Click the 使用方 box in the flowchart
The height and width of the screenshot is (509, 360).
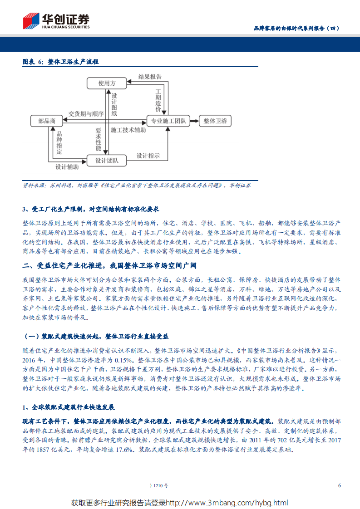107,83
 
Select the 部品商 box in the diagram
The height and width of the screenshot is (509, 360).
47,121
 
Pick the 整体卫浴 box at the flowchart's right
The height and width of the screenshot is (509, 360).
215,121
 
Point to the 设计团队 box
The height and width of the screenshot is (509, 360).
107,160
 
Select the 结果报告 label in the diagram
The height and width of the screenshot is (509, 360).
150,77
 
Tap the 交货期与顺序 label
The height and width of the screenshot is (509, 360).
86,113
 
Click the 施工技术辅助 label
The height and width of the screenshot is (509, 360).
128,130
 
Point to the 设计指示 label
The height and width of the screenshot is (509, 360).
148,156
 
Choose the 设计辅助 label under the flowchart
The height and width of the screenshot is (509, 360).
67,167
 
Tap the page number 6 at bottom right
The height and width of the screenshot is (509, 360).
339,485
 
